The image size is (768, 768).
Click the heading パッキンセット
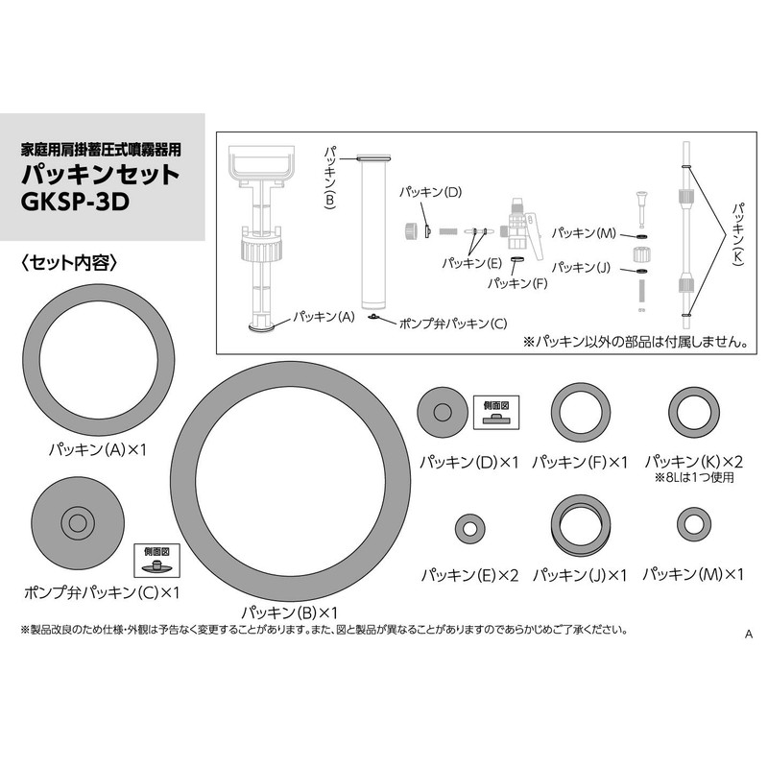click(101, 175)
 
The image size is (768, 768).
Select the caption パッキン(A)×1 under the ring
click(99, 448)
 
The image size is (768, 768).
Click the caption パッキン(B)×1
click(290, 612)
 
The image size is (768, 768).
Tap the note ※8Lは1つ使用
click(694, 477)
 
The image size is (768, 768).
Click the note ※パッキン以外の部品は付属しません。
click(635, 341)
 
